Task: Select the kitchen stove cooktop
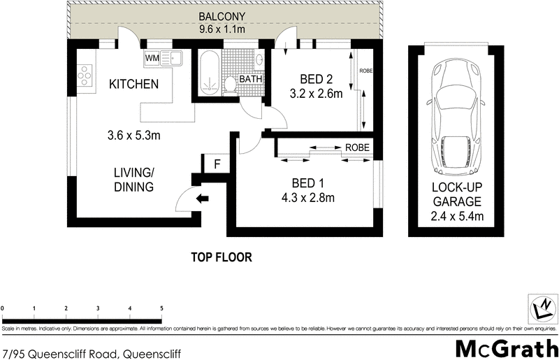click(x=85, y=73)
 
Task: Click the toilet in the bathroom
click(x=231, y=85)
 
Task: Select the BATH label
click(x=250, y=79)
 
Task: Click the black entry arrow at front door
click(x=203, y=199)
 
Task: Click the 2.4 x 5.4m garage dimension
click(x=457, y=215)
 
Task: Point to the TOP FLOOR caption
click(x=221, y=257)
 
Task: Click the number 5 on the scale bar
click(x=161, y=308)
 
